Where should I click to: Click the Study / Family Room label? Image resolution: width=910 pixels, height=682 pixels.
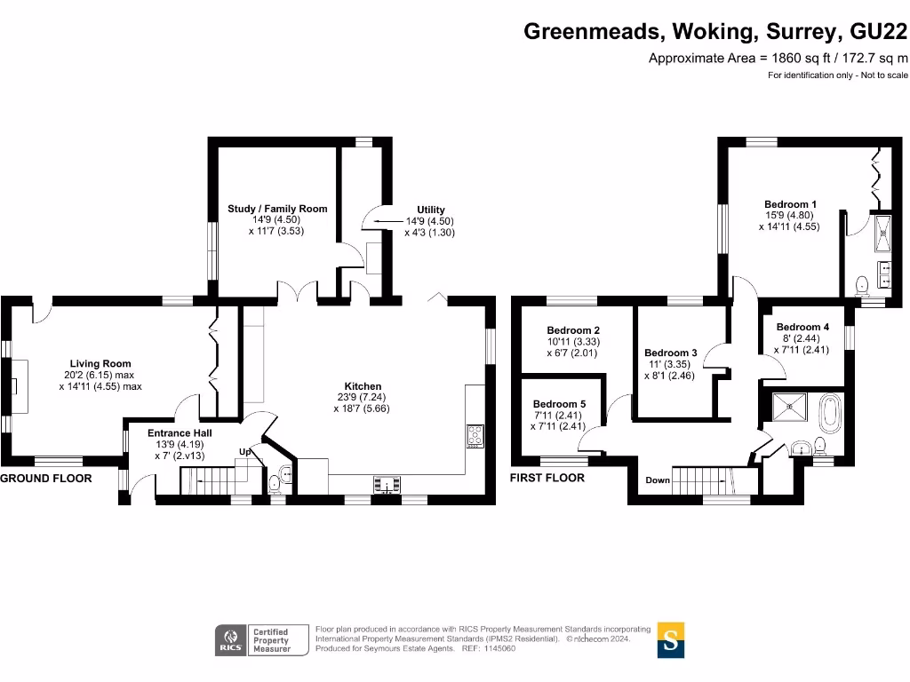pyautogui.click(x=277, y=209)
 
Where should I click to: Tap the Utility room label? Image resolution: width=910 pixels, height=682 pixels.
pyautogui.click(x=431, y=210)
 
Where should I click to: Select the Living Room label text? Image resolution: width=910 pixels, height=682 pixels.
pyautogui.click(x=100, y=363)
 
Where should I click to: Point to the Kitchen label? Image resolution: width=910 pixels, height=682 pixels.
pyautogui.click(x=363, y=386)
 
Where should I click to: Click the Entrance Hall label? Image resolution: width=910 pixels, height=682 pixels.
pyautogui.click(x=180, y=433)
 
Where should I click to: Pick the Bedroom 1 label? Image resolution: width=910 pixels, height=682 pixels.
pyautogui.click(x=790, y=204)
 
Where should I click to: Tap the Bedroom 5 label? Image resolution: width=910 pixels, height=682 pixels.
pyautogui.click(x=559, y=404)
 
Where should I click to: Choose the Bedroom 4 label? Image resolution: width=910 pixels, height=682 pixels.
pyautogui.click(x=802, y=327)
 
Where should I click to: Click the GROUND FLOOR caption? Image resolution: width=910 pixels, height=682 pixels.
pyautogui.click(x=46, y=479)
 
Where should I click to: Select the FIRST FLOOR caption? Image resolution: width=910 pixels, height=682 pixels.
pyautogui.click(x=547, y=478)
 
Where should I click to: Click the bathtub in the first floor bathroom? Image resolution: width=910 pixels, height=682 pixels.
pyautogui.click(x=830, y=413)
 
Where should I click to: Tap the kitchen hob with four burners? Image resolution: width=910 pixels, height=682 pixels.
pyautogui.click(x=475, y=436)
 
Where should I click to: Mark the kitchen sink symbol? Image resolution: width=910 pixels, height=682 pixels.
pyautogui.click(x=387, y=485)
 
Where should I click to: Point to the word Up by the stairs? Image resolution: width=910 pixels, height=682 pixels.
pyautogui.click(x=245, y=452)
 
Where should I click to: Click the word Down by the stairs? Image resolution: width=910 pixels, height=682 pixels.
pyautogui.click(x=658, y=480)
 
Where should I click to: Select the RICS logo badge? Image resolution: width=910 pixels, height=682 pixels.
pyautogui.click(x=230, y=640)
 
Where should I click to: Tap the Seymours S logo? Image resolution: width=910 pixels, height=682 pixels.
pyautogui.click(x=671, y=640)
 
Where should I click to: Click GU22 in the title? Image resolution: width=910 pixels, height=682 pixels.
pyautogui.click(x=878, y=31)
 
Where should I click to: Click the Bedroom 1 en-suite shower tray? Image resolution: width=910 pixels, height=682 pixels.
pyautogui.click(x=882, y=234)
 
